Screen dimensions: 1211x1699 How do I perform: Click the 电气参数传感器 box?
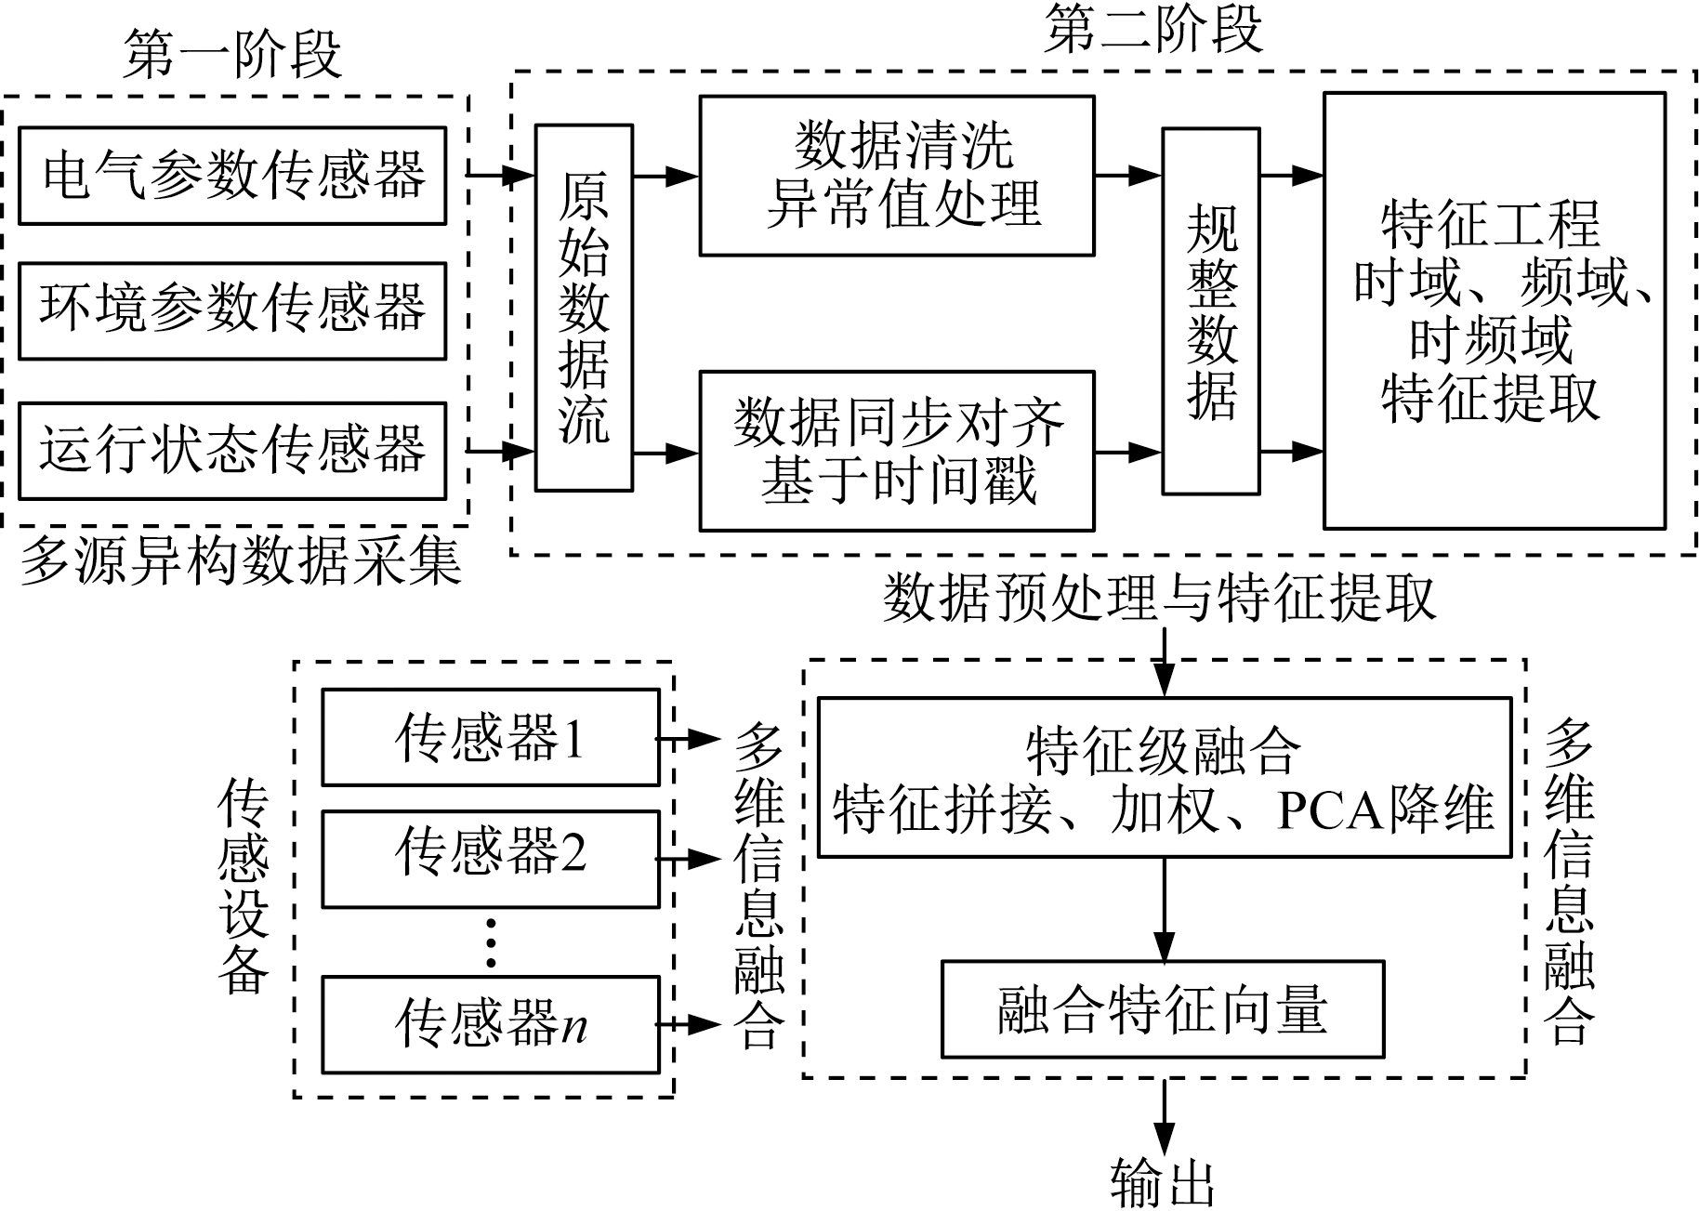pyautogui.click(x=232, y=176)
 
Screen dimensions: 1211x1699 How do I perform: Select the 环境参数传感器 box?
pyautogui.click(x=232, y=310)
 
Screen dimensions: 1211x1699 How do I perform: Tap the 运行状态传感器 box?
pyautogui.click(x=232, y=451)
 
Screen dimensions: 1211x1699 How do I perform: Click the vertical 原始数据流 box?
pyautogui.click(x=584, y=308)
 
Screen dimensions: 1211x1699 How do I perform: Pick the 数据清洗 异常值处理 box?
pyautogui.click(x=896, y=176)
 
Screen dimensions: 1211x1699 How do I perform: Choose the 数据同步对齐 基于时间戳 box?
pyautogui.click(x=896, y=451)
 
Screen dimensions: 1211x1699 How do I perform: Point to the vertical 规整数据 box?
pyautogui.click(x=1211, y=310)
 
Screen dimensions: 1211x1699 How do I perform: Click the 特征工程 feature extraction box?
pyautogui.click(x=1494, y=310)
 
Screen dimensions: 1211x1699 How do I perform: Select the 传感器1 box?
pyautogui.click(x=490, y=738)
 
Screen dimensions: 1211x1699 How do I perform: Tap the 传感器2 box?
pyautogui.click(x=490, y=859)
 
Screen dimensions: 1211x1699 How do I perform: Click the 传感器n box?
pyautogui.click(x=490, y=1024)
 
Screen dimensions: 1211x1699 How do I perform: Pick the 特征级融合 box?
pyautogui.click(x=1164, y=777)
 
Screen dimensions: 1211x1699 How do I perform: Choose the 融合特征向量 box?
pyautogui.click(x=1163, y=1009)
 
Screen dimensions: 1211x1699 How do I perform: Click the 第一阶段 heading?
pyautogui.click(x=232, y=54)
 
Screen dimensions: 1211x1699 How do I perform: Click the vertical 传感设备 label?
pyautogui.click(x=244, y=887)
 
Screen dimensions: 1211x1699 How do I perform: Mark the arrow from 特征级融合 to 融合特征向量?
pyautogui.click(x=1164, y=909)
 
